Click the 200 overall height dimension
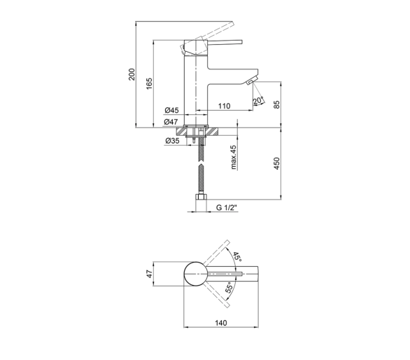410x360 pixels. coord(132,74)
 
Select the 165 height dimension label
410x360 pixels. coord(149,83)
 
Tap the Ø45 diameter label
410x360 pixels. coord(172,110)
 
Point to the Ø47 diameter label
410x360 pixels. coord(171,122)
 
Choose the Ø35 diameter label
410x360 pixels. coord(172,141)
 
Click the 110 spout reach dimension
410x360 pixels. coord(225,106)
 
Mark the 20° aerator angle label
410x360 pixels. coord(258,101)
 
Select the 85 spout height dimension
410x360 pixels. coord(276,104)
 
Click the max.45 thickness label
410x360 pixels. coord(233,157)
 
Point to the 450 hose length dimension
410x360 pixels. coord(276,163)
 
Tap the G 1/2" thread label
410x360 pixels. coord(227,207)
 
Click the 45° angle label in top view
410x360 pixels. coord(237,256)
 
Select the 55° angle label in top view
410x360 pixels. coord(229,287)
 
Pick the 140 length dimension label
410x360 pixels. coord(221,323)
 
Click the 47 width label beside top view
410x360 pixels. coord(149,274)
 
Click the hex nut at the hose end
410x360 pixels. coord(201,197)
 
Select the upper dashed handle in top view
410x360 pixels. coord(216,253)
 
